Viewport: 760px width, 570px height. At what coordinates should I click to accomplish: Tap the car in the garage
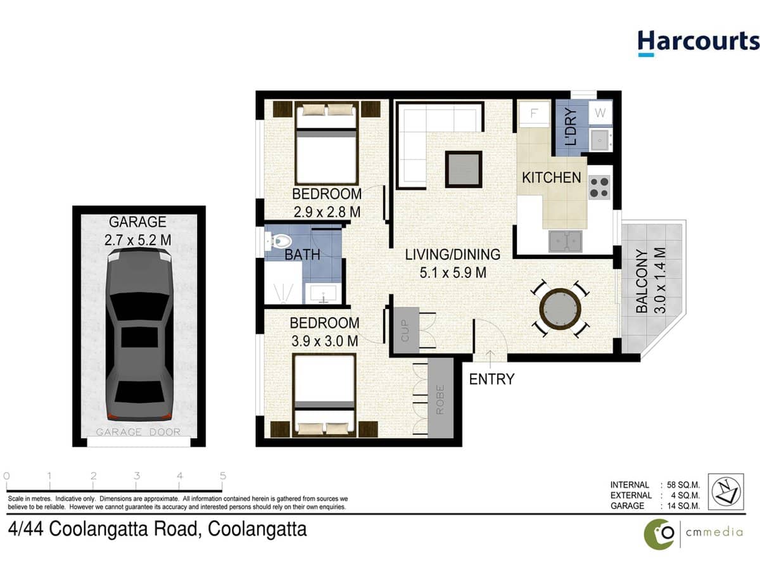[x=139, y=334]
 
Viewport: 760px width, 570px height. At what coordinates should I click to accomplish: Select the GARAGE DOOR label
[x=138, y=433]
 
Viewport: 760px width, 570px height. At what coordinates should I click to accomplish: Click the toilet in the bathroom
[x=279, y=241]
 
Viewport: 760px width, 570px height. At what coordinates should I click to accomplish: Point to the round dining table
[x=560, y=310]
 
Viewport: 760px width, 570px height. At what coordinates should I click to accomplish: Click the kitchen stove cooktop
[x=599, y=186]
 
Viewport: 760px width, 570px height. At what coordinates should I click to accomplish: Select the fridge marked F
[x=534, y=115]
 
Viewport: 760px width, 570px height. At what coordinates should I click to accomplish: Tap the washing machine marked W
[x=600, y=114]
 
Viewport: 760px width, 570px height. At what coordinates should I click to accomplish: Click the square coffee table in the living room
[x=463, y=168]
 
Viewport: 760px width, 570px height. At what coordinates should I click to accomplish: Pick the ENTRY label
[x=491, y=379]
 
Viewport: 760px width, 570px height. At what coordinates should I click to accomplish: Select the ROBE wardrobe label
[x=441, y=400]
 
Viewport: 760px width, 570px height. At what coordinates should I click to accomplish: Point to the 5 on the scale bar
[x=222, y=476]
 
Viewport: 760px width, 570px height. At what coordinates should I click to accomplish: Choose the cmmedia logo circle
[x=659, y=534]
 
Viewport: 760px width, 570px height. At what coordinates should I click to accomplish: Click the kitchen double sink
[x=566, y=240]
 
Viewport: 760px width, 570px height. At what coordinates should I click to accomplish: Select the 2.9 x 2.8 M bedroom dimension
[x=327, y=211]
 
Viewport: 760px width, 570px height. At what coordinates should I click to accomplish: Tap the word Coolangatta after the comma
[x=258, y=529]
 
